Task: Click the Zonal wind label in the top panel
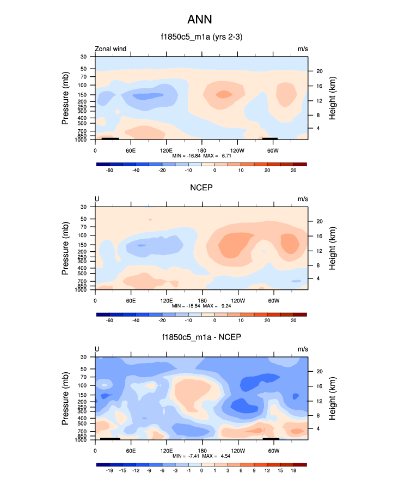click(111, 49)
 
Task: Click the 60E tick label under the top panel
click(131, 150)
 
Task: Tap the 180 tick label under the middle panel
click(201, 300)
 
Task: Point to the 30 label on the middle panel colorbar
click(293, 320)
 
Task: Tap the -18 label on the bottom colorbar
click(109, 470)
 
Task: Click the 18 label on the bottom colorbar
click(293, 470)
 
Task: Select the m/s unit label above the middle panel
click(303, 199)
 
